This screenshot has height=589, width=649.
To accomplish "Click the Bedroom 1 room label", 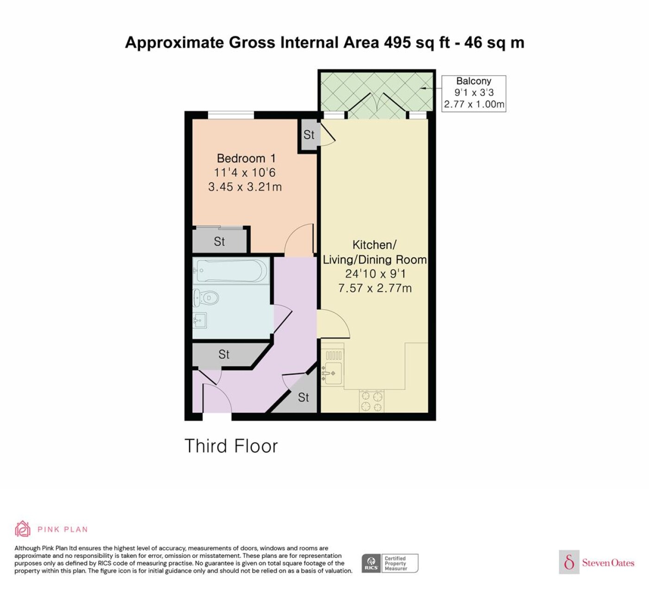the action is (246, 158).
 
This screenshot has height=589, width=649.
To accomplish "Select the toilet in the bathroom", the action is (205, 298).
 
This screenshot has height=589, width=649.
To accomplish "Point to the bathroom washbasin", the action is (200, 320).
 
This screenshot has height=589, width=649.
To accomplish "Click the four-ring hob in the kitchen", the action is (372, 401).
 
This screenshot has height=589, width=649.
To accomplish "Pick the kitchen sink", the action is (332, 373).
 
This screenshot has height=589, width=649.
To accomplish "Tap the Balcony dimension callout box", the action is (474, 94).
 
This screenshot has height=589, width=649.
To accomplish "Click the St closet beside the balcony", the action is (309, 134).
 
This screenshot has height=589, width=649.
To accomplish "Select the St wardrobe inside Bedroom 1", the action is (220, 241).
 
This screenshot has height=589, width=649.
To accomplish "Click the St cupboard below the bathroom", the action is (227, 354).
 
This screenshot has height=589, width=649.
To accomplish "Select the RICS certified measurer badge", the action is (390, 563).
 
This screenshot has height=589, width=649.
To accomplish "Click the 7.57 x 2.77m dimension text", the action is (375, 288).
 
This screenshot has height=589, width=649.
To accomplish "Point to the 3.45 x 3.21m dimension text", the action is (245, 187).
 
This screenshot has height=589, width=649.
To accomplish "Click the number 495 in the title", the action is (398, 42).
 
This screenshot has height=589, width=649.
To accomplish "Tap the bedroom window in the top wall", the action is (231, 115).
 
